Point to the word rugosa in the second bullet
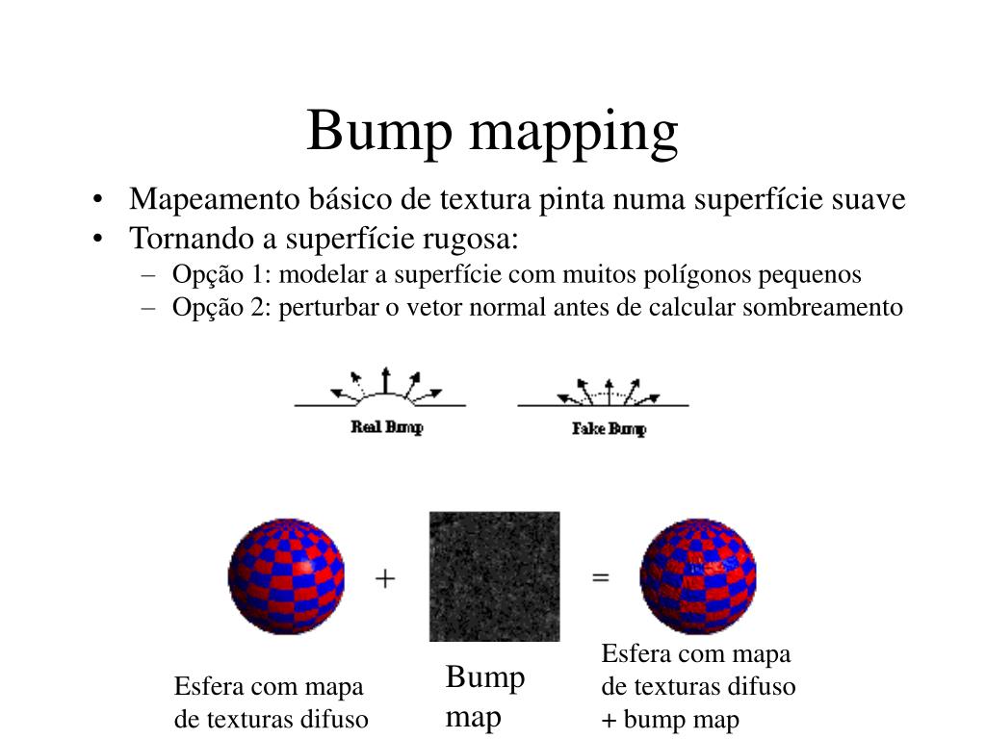coord(474,237)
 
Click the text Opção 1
coord(221,274)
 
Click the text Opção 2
coord(221,308)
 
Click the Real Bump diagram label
coord(386,427)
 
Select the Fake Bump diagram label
coord(609,428)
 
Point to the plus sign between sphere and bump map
coord(385,577)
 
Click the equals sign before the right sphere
coord(600,577)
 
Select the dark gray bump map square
coord(494,575)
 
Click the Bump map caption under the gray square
coord(484,697)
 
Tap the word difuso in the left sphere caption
coord(336,719)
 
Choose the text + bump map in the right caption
coord(670,719)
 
